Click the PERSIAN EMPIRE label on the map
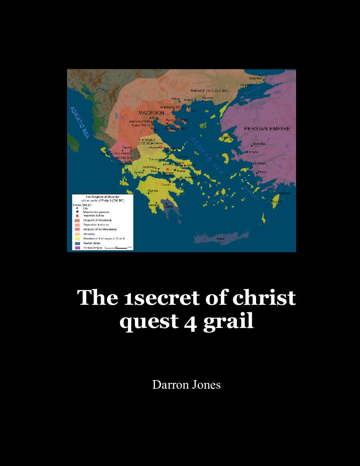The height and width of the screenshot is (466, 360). coord(267,129)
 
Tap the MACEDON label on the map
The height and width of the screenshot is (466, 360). coord(151,113)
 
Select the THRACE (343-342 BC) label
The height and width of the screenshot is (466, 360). coord(209,91)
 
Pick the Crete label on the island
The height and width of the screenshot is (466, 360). coord(221,238)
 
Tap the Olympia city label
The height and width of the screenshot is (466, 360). coord(153,191)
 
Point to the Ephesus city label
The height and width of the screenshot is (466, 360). coord(260,163)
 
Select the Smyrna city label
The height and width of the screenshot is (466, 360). coord(253,152)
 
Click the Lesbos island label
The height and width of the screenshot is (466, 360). coord(226,137)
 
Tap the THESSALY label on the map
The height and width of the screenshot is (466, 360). coord(147,140)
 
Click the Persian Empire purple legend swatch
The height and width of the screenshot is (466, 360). coord(77,248)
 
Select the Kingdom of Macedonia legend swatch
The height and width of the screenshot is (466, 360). coord(77,220)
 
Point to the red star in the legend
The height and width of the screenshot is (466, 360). coord(77,216)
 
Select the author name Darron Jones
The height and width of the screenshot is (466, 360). coord(186,385)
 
